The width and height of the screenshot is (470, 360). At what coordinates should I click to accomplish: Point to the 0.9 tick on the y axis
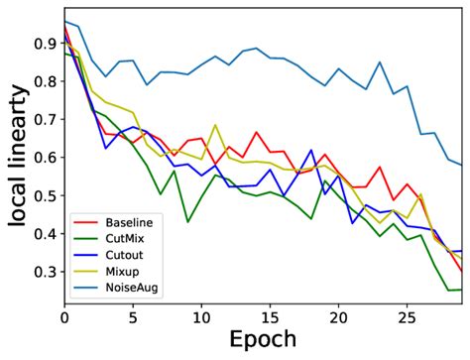coord(44,44)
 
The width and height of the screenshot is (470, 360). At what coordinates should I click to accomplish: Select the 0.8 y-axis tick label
coord(44,81)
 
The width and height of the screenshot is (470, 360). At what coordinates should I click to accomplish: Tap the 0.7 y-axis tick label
coord(44,120)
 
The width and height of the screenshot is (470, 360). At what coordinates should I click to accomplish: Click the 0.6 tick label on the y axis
coord(44,158)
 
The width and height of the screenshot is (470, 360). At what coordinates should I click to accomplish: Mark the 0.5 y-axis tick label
coord(44,196)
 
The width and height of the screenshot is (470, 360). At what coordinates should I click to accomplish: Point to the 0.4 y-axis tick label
coord(44,234)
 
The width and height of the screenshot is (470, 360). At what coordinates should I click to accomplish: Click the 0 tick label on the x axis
coord(64,315)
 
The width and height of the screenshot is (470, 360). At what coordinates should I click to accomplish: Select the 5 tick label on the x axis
coord(133,315)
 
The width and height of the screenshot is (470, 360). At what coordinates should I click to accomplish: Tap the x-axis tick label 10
coord(201,315)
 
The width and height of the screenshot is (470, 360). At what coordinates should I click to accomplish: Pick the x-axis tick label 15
coord(270,315)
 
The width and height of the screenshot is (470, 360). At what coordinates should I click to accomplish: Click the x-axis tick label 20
coord(338,315)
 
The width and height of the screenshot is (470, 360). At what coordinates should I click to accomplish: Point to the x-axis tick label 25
coord(407,315)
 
